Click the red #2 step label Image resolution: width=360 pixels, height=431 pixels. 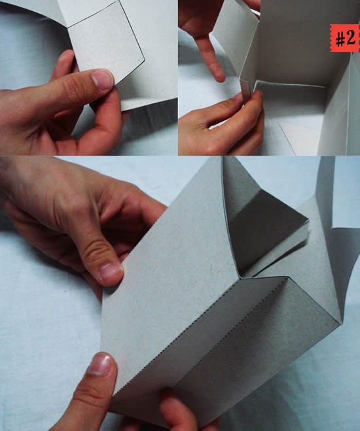tap(344, 38)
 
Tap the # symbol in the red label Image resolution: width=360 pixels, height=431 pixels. tap(340, 39)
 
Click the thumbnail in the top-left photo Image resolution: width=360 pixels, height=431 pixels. tap(103, 80)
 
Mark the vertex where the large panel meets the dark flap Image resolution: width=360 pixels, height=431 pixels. tap(240, 277)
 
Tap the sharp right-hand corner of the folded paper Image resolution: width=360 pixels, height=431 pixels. tap(341, 324)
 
